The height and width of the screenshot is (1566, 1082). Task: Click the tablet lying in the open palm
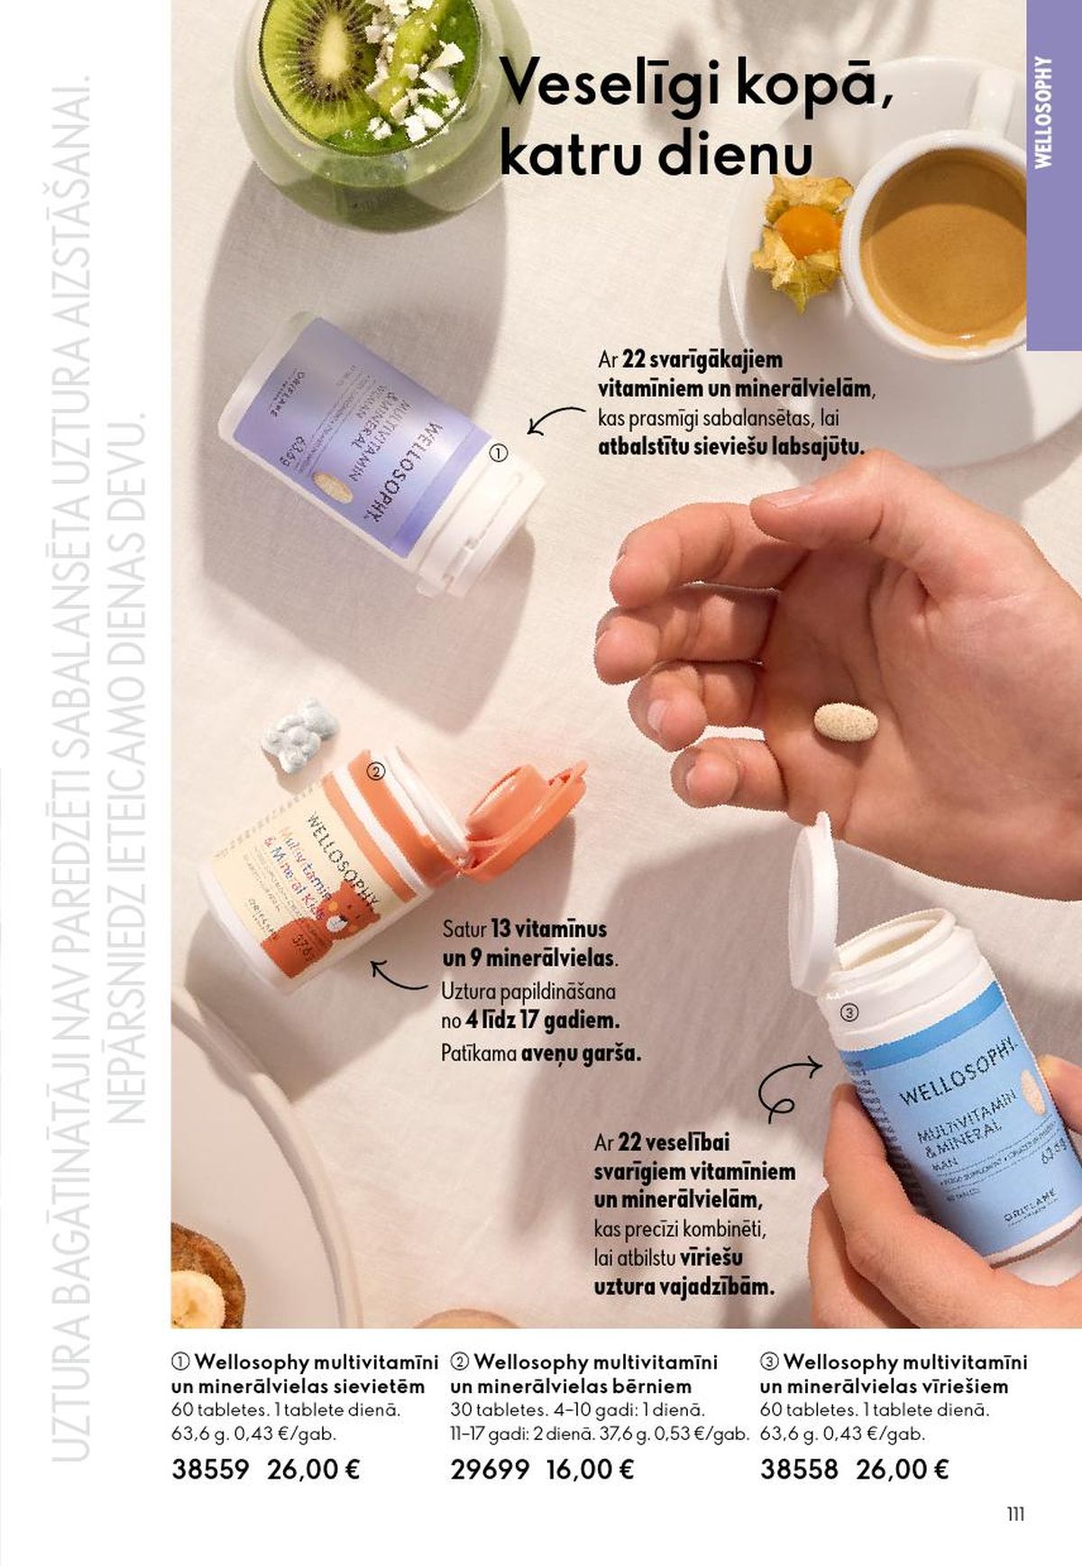pyautogui.click(x=846, y=722)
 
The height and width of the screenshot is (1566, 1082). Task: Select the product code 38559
pyautogui.click(x=210, y=1470)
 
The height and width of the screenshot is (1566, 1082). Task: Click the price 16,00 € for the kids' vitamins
pyautogui.click(x=590, y=1470)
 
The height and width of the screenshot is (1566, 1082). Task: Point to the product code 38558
pyautogui.click(x=799, y=1470)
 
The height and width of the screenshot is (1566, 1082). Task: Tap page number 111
pyautogui.click(x=1015, y=1515)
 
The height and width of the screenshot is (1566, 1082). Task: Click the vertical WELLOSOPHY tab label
pyautogui.click(x=1044, y=113)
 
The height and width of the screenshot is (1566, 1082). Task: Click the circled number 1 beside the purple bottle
pyautogui.click(x=499, y=454)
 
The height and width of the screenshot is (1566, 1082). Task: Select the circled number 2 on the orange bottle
pyautogui.click(x=377, y=770)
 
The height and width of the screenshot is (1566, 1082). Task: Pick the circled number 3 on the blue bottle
pyautogui.click(x=848, y=1013)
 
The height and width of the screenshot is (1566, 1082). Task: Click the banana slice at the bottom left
pyautogui.click(x=197, y=1297)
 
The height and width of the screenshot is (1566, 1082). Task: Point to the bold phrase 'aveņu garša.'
pyautogui.click(x=581, y=1052)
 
